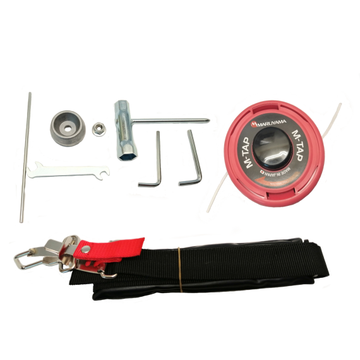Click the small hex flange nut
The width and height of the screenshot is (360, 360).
[99, 129]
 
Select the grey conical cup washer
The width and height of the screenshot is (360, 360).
[68, 129]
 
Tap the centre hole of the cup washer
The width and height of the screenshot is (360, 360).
[68, 129]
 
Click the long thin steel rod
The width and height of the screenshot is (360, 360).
[25, 157]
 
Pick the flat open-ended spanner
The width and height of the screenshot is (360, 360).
[68, 170]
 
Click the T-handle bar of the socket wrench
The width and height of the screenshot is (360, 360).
[171, 120]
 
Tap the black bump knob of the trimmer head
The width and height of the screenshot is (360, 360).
[273, 148]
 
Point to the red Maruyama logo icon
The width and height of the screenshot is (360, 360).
[254, 124]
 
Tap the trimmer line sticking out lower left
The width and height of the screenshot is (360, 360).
[217, 193]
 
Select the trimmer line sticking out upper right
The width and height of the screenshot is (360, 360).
[332, 121]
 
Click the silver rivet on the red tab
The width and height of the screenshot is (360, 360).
[86, 248]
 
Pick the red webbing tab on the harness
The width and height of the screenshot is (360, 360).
[109, 249]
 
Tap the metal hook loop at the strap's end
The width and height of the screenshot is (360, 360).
[23, 260]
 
